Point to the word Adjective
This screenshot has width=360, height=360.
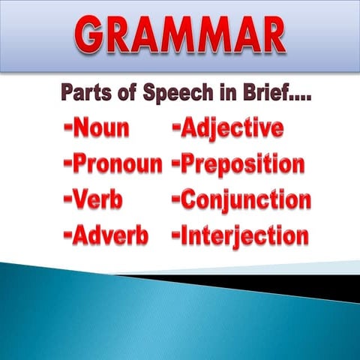click(232, 128)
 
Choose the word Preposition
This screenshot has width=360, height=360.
click(243, 164)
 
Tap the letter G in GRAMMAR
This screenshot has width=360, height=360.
click(97, 35)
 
